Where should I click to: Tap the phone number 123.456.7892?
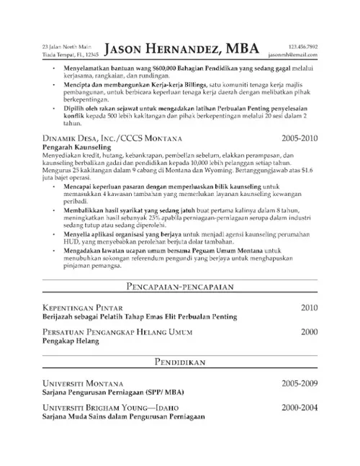[x=302, y=46]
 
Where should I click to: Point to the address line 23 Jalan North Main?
[x=63, y=46]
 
